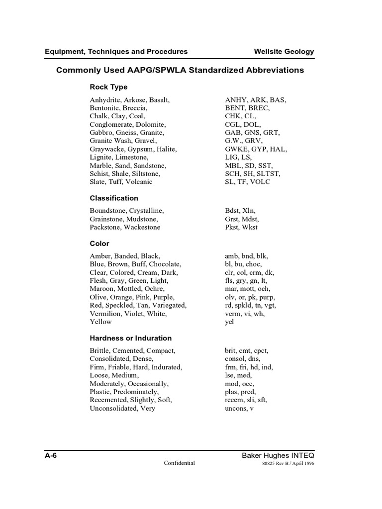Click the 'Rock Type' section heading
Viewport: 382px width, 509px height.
click(108, 87)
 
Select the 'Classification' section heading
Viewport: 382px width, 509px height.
click(114, 198)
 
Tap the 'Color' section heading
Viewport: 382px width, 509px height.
click(99, 244)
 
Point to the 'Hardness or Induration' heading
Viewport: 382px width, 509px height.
click(130, 338)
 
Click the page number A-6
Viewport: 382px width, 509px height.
click(51, 455)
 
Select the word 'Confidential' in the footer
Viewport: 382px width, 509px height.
click(180, 463)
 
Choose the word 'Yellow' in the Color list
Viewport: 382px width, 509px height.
click(101, 322)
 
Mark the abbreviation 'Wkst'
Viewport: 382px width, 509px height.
click(249, 227)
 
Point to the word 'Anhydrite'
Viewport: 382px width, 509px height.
click(105, 100)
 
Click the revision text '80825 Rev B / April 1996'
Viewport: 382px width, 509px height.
click(287, 464)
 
